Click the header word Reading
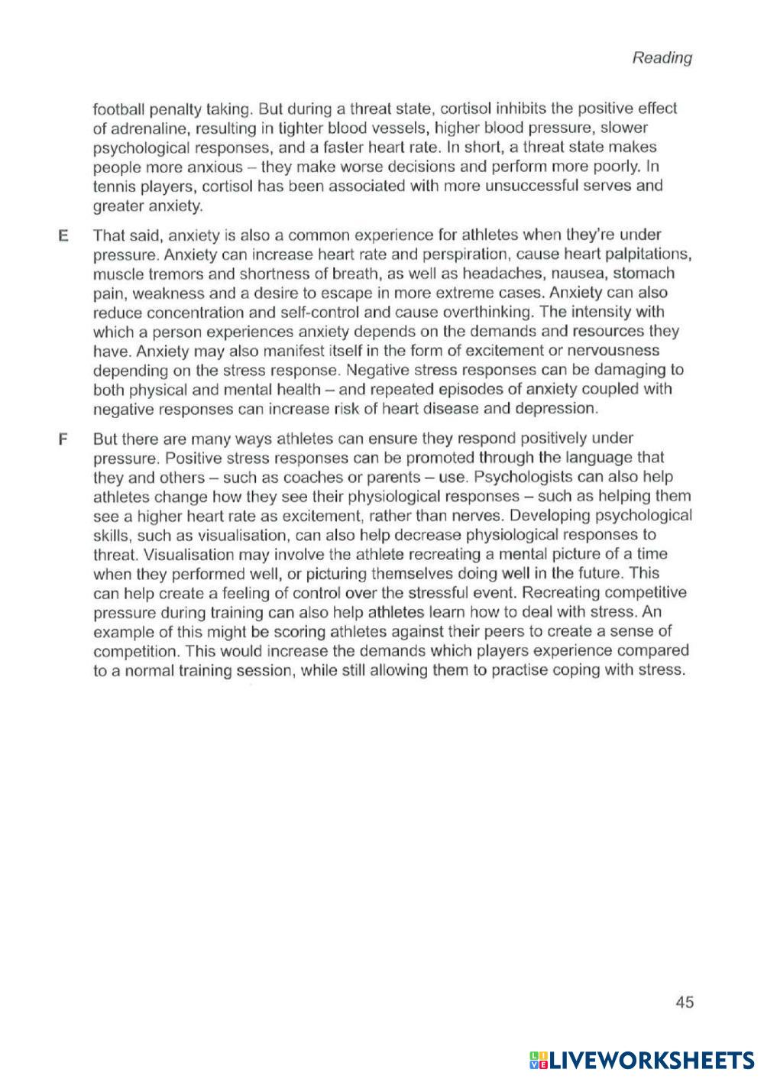point(662,58)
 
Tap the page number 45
point(685,1002)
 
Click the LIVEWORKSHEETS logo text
point(649,1059)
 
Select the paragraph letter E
point(63,235)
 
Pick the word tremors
point(167,273)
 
